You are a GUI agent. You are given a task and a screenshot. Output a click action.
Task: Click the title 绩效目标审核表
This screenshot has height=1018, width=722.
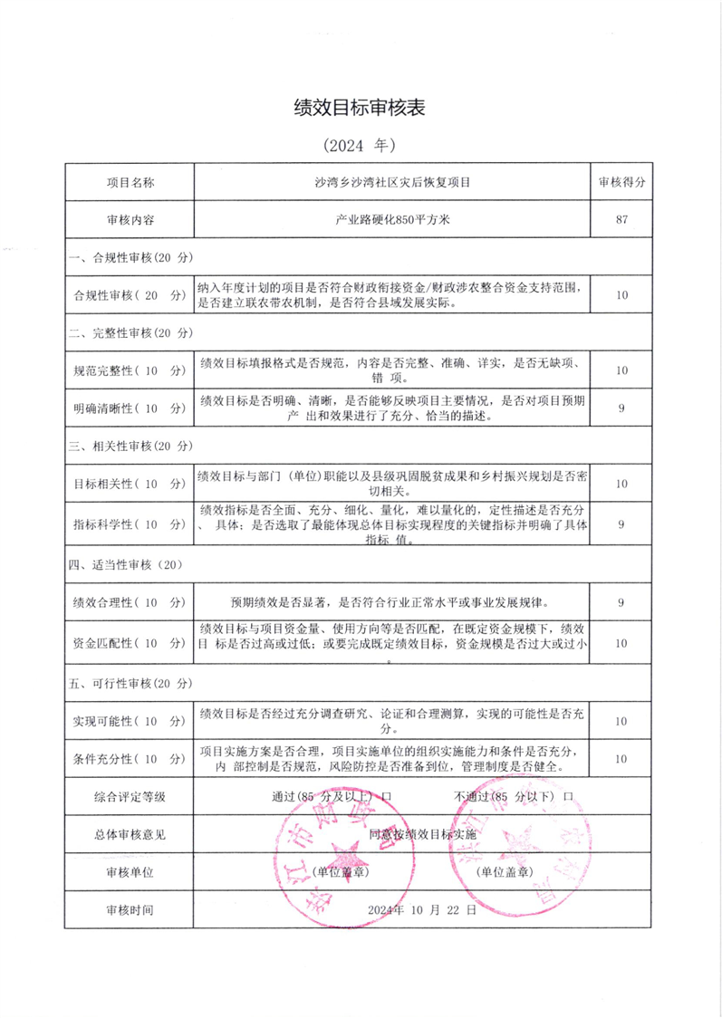click(x=360, y=108)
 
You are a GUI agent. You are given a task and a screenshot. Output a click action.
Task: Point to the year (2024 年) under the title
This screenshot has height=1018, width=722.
click(x=360, y=145)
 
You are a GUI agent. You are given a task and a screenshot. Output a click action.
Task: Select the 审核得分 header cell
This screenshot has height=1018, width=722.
click(x=621, y=181)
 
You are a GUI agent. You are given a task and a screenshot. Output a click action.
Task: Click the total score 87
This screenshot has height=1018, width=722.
click(x=621, y=218)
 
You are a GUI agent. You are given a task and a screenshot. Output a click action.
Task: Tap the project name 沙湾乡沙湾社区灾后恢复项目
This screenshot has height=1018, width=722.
click(x=391, y=181)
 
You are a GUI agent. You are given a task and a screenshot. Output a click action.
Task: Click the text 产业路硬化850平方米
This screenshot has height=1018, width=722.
click(x=391, y=218)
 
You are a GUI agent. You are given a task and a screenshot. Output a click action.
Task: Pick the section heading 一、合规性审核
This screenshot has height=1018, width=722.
click(x=132, y=257)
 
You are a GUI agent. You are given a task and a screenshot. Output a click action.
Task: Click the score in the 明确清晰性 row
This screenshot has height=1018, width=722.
click(x=621, y=408)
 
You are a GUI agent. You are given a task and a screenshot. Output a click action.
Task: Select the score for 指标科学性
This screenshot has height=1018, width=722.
click(x=621, y=523)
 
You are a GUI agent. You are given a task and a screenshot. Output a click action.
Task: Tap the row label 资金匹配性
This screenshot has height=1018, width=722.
click(x=129, y=642)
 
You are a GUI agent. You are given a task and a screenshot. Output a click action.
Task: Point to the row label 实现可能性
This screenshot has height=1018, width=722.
click(x=129, y=721)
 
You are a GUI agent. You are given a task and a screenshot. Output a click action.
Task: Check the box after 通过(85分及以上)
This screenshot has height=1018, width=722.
click(x=386, y=796)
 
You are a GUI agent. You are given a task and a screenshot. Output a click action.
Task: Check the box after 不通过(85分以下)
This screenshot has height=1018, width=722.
click(x=569, y=796)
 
